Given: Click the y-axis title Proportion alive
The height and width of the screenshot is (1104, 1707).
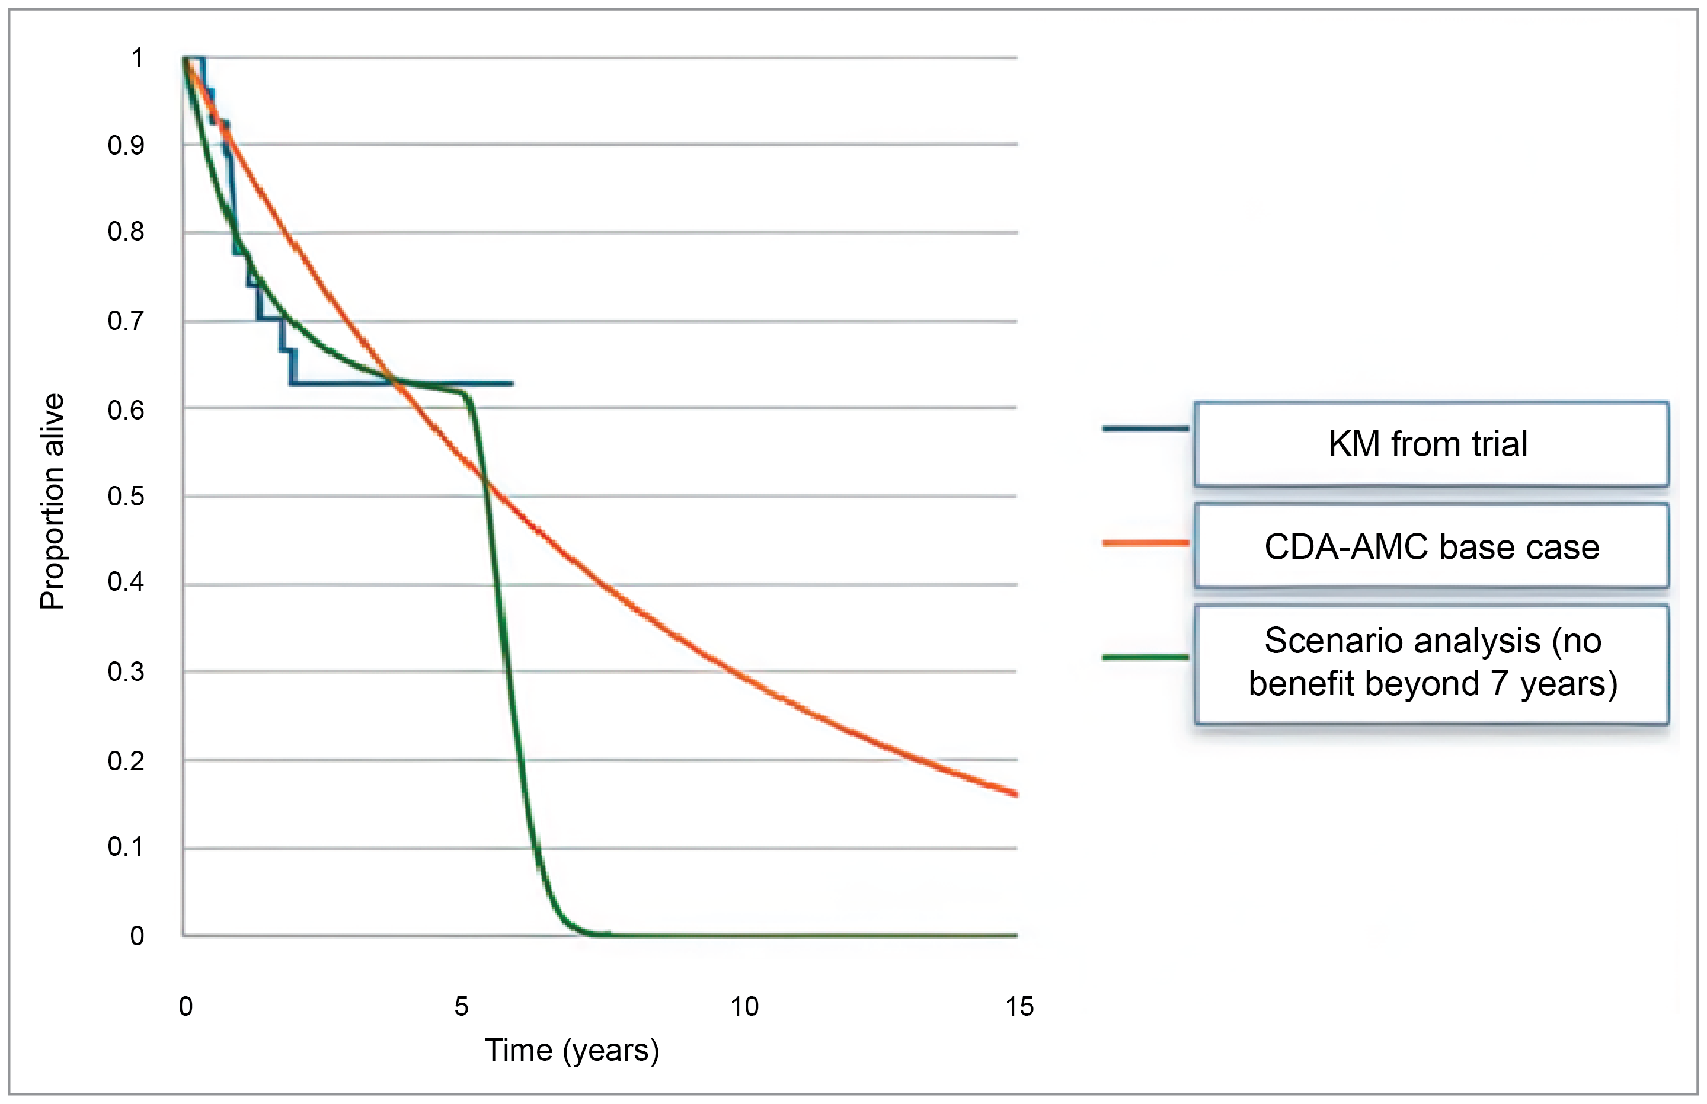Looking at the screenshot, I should click(52, 502).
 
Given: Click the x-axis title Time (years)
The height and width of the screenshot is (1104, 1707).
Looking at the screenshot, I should click(571, 1050).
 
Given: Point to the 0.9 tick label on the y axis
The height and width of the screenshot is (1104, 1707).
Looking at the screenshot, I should click(126, 146).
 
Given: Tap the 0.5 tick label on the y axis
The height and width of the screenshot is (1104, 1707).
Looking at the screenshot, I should click(126, 496).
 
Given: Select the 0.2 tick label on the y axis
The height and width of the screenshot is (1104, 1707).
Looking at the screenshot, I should click(126, 761).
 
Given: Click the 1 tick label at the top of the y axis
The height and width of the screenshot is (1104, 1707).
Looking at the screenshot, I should click(136, 57).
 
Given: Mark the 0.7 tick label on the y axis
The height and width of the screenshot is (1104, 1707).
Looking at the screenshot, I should click(126, 321).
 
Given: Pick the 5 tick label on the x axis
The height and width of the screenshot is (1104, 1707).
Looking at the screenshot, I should click(461, 1006).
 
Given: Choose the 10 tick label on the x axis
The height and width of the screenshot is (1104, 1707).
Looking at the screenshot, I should click(744, 1006).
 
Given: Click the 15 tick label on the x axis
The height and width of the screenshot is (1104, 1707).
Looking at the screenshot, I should click(1019, 1006).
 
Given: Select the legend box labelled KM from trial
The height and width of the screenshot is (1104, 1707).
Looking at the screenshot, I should click(1430, 444).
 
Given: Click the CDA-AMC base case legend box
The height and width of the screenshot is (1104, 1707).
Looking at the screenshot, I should click(1430, 546).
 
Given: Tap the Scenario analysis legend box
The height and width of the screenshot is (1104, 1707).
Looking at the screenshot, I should click(1430, 663).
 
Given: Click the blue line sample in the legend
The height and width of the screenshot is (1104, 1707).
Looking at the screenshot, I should click(1145, 428).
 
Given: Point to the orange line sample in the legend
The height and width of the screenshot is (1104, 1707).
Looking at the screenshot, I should click(1145, 543).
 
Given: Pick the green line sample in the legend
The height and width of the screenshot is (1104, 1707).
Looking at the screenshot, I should click(1145, 657).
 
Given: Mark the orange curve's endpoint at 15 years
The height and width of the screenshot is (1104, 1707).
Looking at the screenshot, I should click(1016, 793).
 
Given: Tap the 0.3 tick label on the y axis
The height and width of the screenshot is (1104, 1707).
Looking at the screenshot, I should click(126, 672).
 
